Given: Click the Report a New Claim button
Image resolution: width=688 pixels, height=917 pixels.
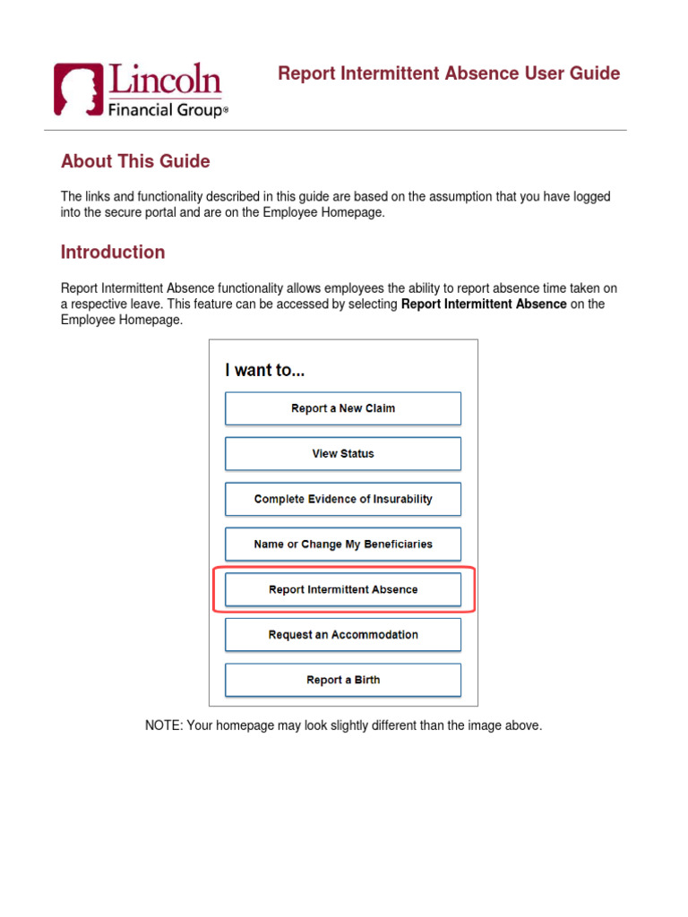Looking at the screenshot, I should [x=342, y=408].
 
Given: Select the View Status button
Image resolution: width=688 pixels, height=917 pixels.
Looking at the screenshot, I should [x=342, y=454].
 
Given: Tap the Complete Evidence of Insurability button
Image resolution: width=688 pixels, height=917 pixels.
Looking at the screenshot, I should [x=342, y=500].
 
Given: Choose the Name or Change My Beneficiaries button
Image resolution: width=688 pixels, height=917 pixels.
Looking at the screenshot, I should [x=342, y=544].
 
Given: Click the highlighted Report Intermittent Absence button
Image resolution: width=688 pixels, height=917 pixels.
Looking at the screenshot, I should [x=342, y=590].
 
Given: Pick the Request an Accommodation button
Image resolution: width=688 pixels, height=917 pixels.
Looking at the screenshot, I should [x=342, y=635].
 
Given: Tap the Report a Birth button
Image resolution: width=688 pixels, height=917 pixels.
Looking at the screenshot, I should [x=342, y=681].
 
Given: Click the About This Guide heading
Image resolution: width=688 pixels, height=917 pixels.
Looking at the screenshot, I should [x=135, y=162].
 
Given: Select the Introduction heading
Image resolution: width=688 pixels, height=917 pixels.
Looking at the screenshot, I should [x=113, y=253].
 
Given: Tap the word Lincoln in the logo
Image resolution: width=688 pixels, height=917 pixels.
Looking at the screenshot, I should [x=165, y=81].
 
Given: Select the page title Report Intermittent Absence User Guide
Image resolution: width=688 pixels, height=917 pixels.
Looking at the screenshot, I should [x=449, y=73].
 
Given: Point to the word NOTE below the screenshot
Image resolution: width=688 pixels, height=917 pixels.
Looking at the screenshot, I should [x=162, y=726].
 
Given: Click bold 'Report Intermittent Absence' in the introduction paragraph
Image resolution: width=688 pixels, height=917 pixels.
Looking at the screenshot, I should [x=484, y=304].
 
